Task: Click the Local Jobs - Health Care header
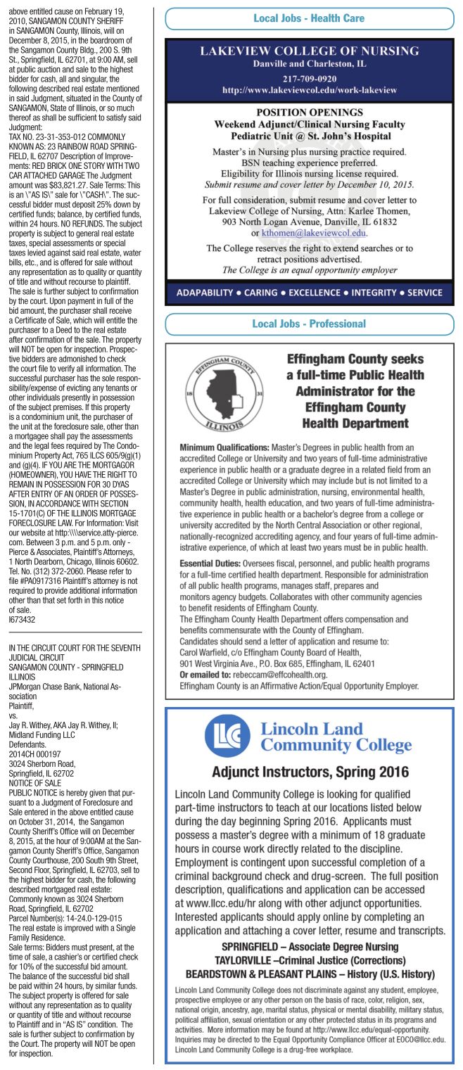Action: (310, 18)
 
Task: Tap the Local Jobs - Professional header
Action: (310, 324)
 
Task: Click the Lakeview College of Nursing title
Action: (310, 52)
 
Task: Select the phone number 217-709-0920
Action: (310, 78)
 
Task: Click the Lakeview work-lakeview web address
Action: (310, 90)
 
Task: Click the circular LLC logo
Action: (227, 735)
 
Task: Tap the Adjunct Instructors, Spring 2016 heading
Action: (310, 772)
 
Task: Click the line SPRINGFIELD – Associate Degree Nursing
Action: (310, 946)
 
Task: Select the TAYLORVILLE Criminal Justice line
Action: (310, 960)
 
